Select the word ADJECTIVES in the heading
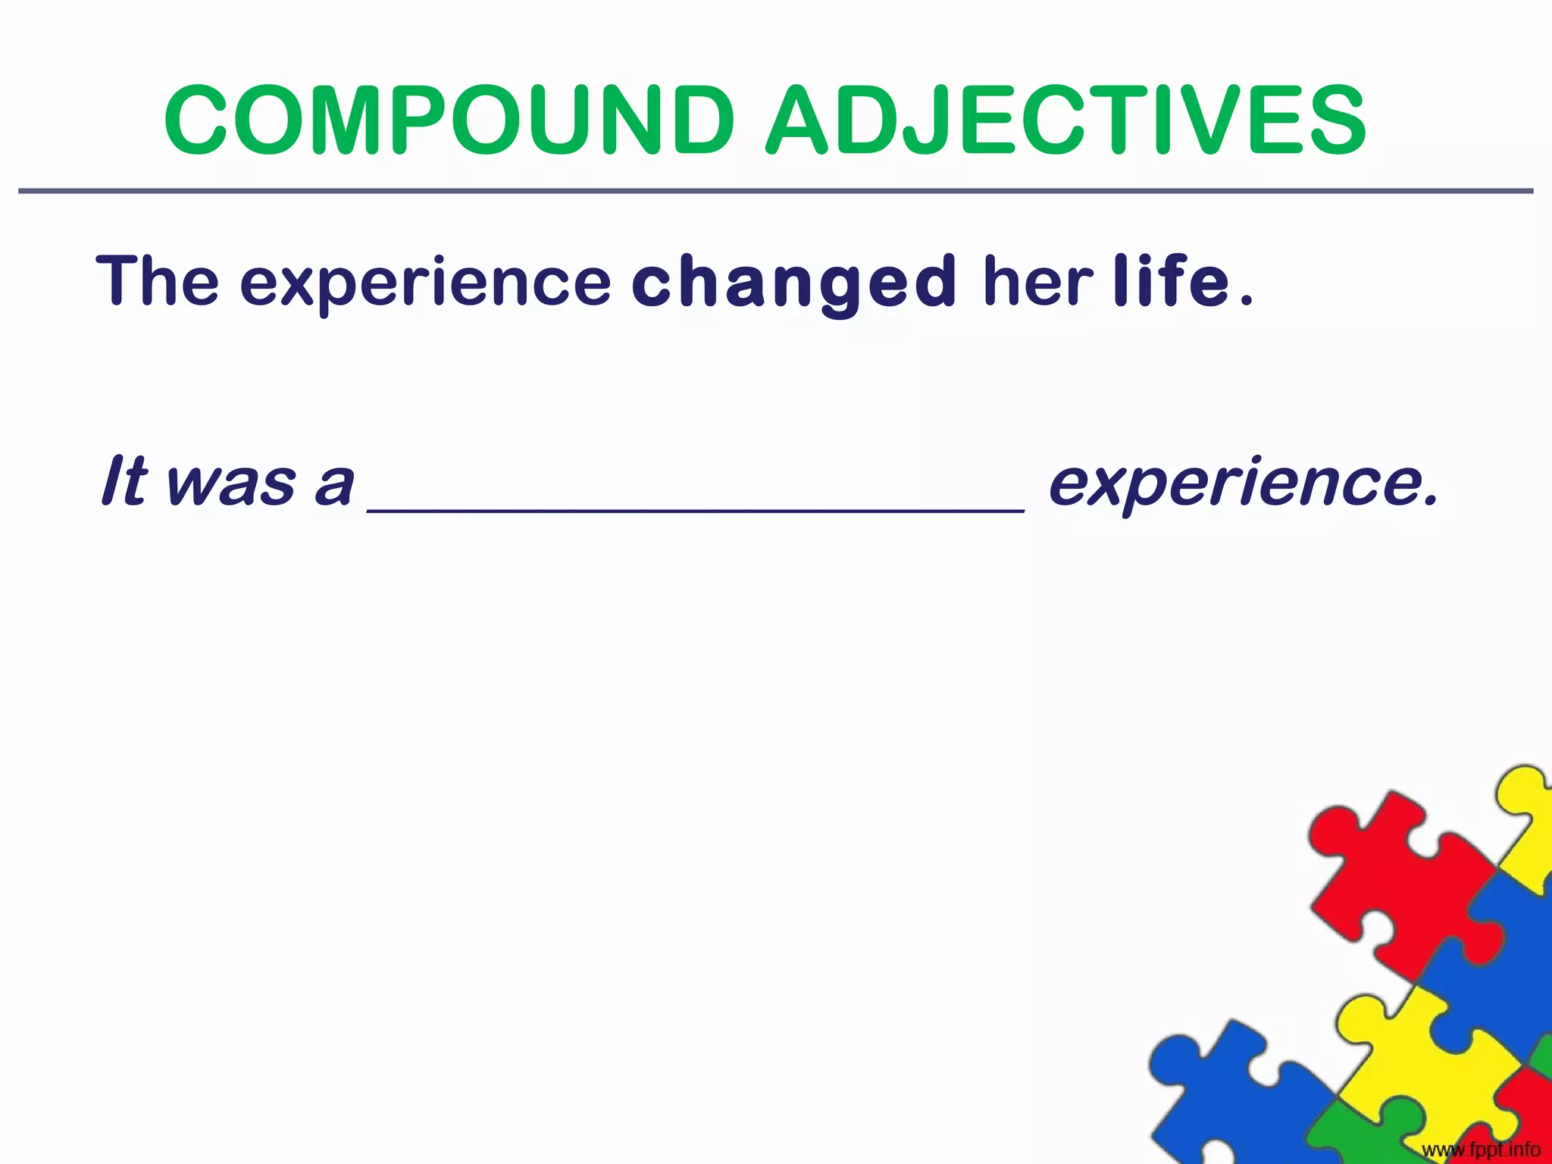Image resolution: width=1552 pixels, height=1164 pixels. [x=1065, y=121]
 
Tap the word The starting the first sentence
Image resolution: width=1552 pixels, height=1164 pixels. [x=158, y=281]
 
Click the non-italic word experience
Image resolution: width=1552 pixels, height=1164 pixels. [x=425, y=284]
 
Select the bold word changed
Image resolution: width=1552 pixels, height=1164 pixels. [x=793, y=284]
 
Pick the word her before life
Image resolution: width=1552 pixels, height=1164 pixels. [x=1037, y=281]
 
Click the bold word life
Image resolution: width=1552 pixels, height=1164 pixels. [x=1171, y=281]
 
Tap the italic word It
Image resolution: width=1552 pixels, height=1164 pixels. [x=124, y=480]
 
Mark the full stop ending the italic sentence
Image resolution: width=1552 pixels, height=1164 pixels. [x=1429, y=500]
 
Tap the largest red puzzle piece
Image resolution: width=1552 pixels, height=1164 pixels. [x=1402, y=887]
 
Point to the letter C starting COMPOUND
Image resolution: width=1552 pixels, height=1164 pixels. [x=199, y=121]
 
